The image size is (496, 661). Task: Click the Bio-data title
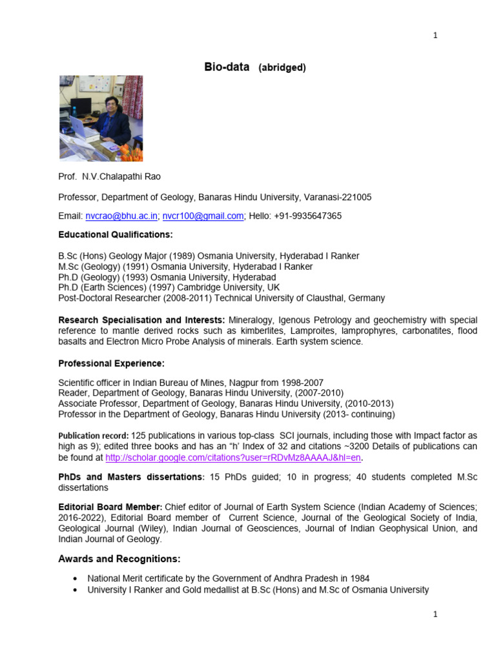[227, 66]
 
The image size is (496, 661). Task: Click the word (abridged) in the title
[282, 67]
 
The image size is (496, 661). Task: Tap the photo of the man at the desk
[101, 118]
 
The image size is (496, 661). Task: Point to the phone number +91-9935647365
[307, 216]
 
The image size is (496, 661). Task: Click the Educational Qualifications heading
[116, 234]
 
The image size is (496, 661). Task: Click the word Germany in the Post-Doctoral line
[366, 298]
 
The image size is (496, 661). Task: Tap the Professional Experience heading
[112, 363]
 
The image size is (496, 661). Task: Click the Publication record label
[93, 436]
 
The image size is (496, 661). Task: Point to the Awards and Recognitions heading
[119, 558]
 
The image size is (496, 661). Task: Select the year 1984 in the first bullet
[359, 578]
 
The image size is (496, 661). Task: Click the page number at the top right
[435, 36]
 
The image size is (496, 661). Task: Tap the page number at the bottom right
[435, 615]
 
